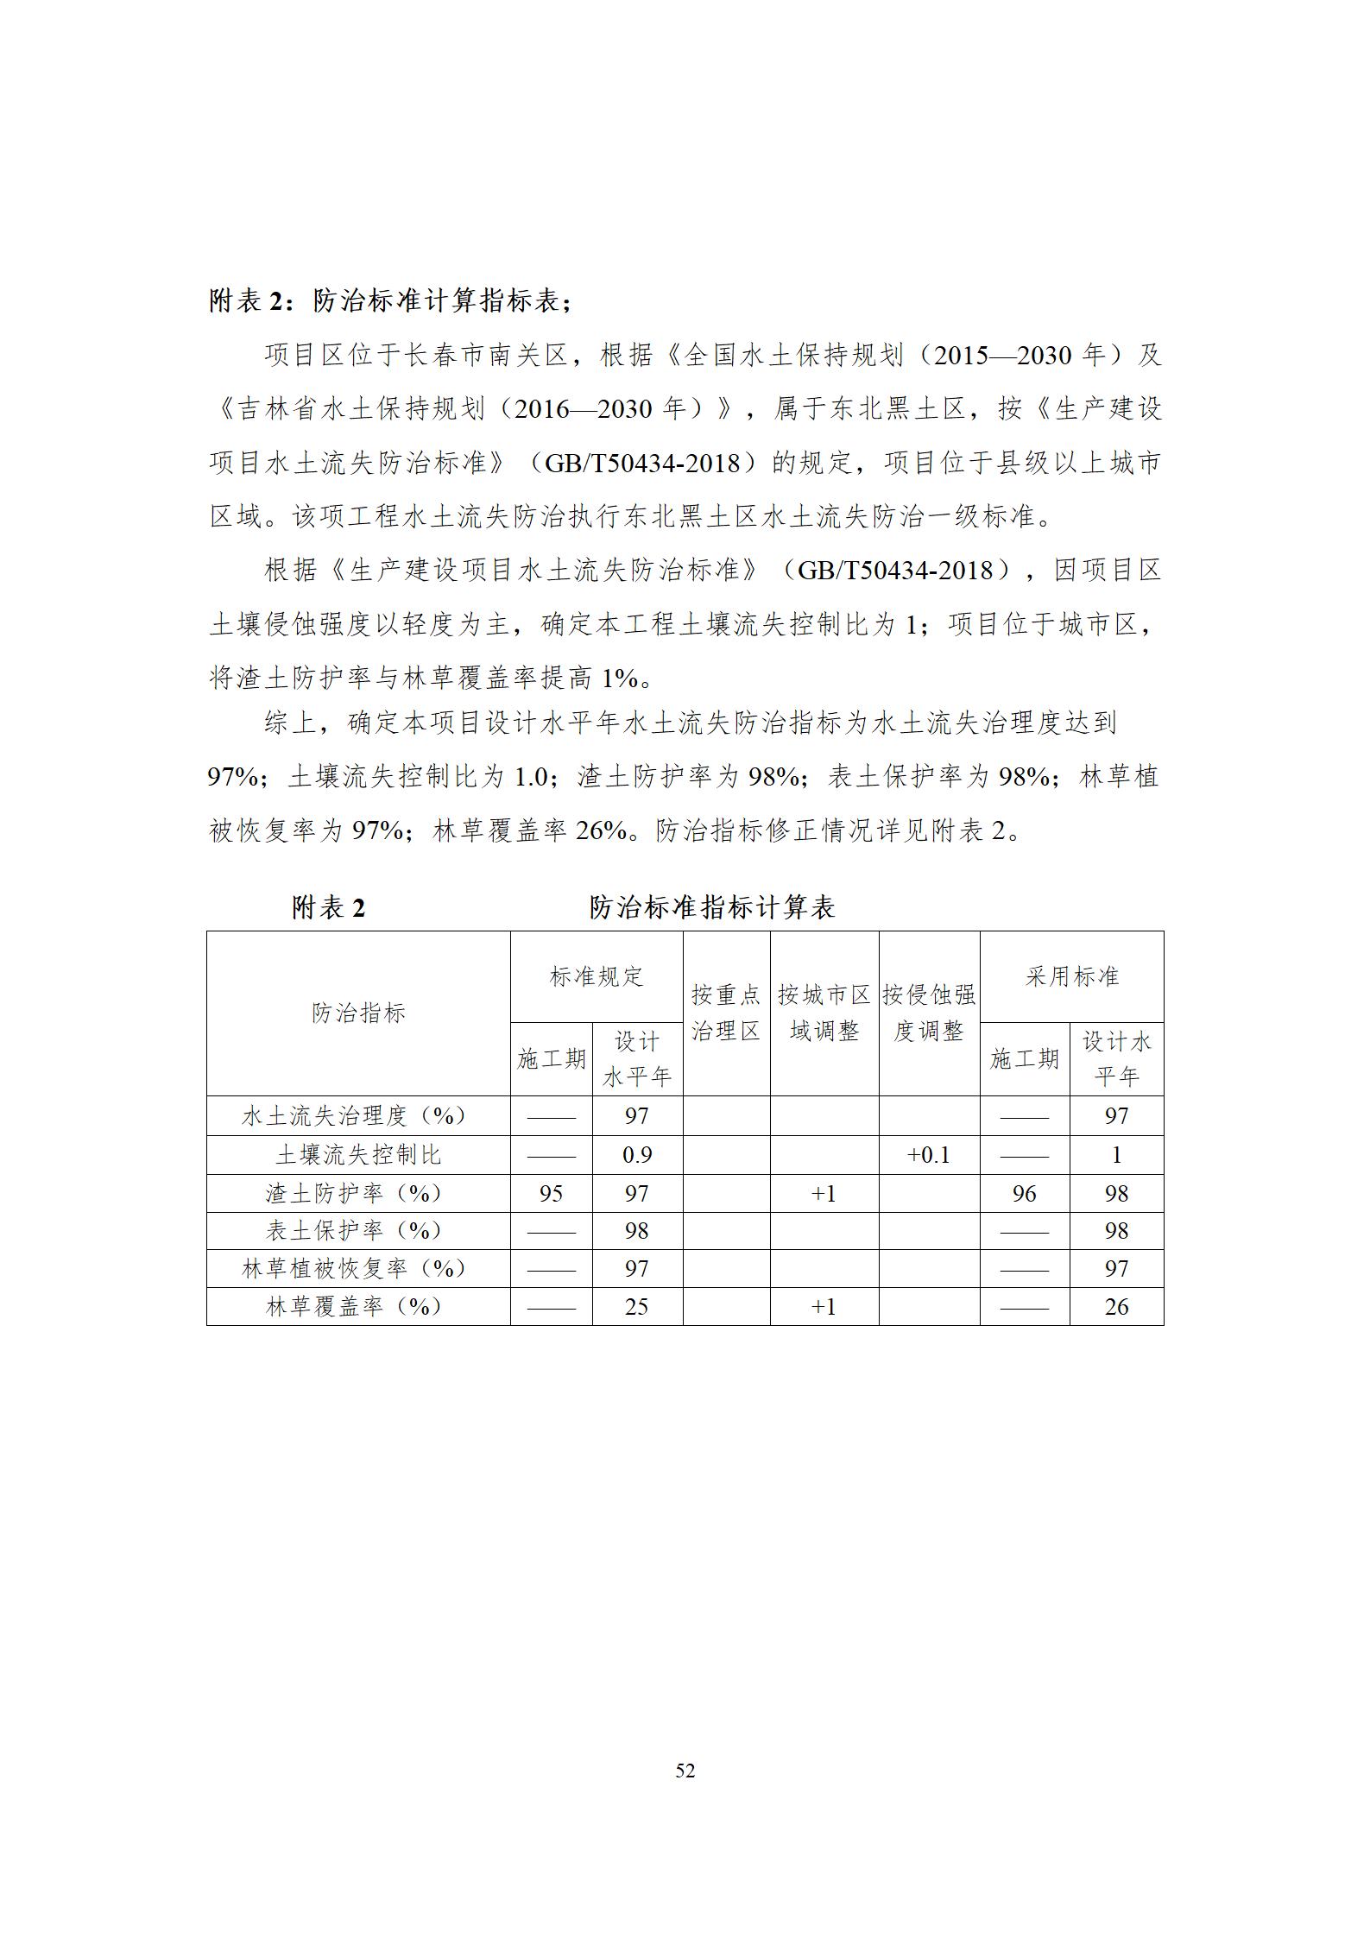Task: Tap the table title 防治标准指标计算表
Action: point(711,907)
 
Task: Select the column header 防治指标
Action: point(358,1013)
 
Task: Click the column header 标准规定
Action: point(597,976)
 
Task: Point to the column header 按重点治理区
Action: point(726,1013)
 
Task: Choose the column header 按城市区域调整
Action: point(824,1013)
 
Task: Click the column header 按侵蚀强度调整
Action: point(929,1013)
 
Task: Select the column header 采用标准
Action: point(1071,976)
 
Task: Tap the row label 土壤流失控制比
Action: point(358,1155)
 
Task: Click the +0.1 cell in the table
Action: point(929,1155)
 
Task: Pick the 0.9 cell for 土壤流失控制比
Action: point(637,1155)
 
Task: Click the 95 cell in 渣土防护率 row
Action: point(551,1194)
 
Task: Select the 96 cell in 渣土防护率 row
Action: point(1024,1194)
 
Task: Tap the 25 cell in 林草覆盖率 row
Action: point(637,1307)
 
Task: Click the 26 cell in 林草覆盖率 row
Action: point(1116,1307)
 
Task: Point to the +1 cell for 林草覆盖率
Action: point(824,1307)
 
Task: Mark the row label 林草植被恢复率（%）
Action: point(354,1269)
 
